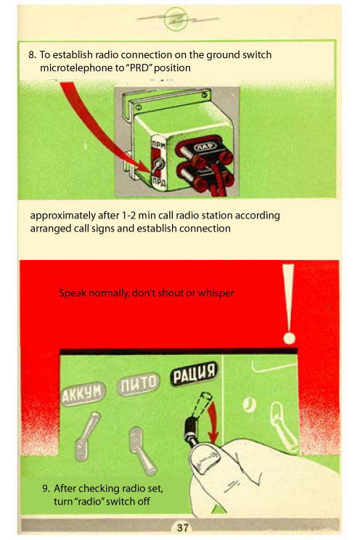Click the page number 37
pos(182,527)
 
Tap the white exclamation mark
pos(289,303)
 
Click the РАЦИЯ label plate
pos(194,374)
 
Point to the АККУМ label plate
pos(83,394)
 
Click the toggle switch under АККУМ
pos(86,436)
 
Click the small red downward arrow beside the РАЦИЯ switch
pos(212,422)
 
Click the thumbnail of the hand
pos(205,459)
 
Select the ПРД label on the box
pos(160,181)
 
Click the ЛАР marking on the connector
pos(206,147)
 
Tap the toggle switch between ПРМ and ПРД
pos(157,165)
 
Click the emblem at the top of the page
pos(176,19)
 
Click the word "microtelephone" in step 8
pos(77,67)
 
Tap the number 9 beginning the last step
pos(45,488)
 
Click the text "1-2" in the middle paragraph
pos(129,216)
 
